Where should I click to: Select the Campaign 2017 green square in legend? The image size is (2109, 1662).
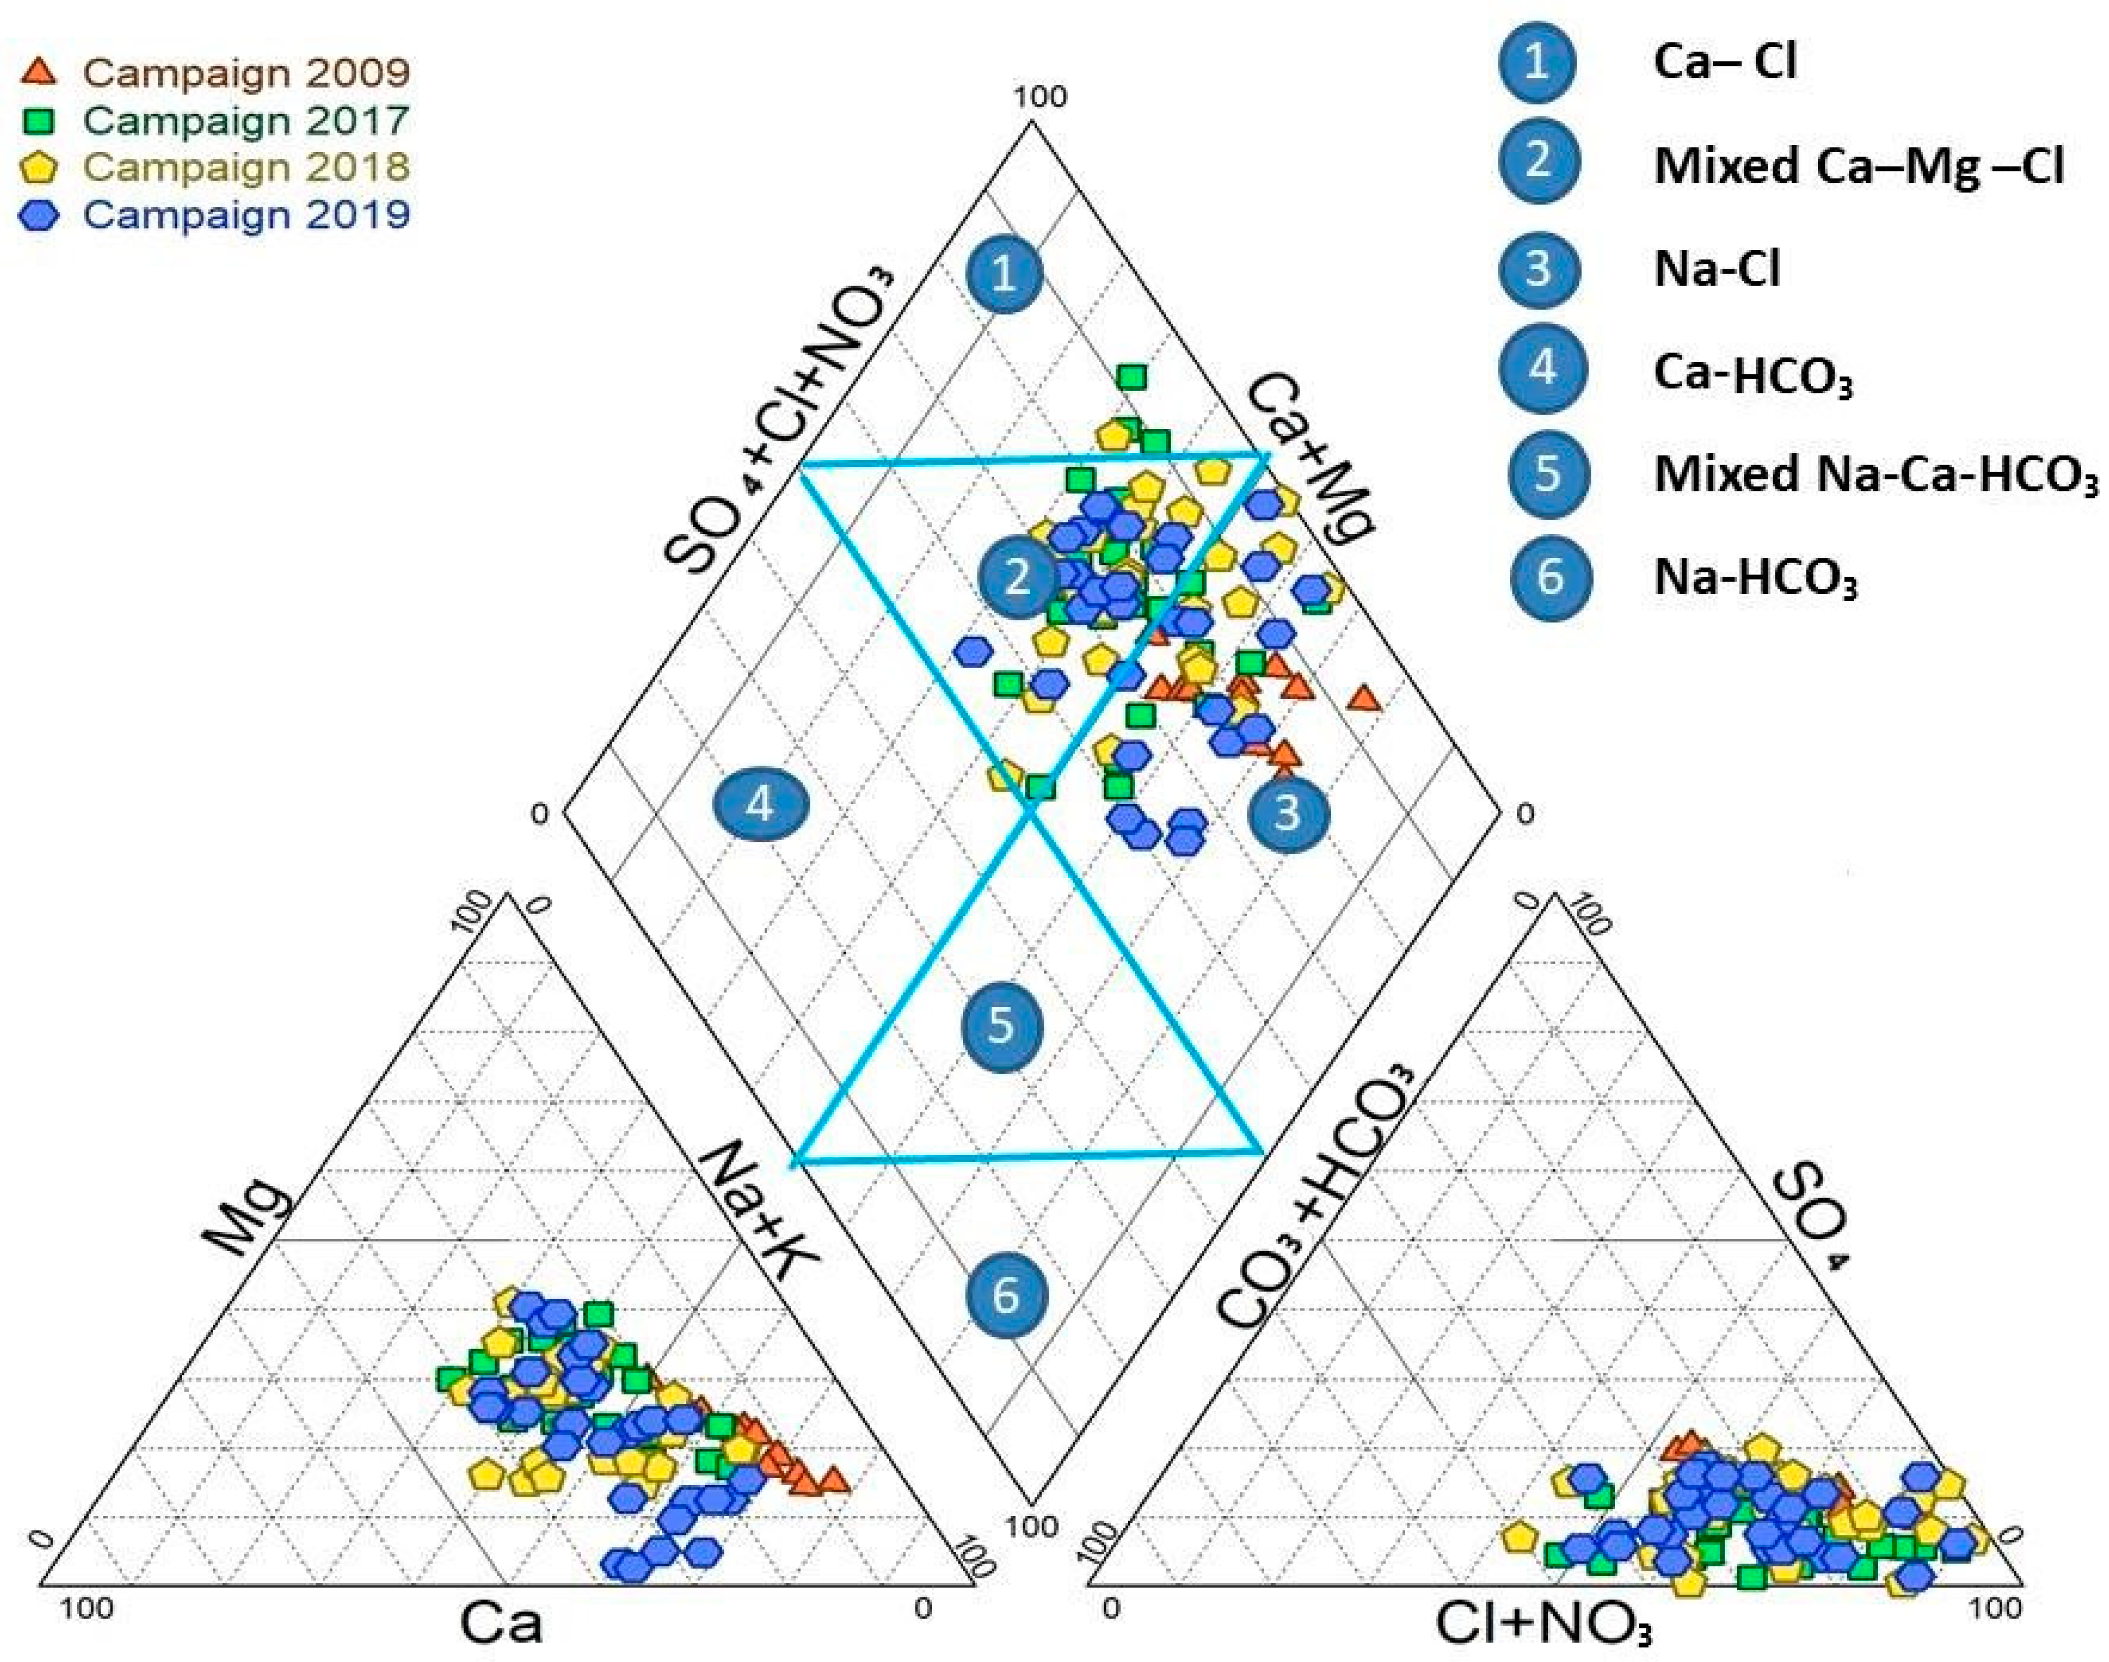pos(39,121)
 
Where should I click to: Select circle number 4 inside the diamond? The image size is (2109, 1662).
pos(760,804)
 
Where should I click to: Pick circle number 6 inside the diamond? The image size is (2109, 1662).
pos(1006,1295)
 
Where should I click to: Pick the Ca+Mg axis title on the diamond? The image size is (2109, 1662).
pos(1310,457)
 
